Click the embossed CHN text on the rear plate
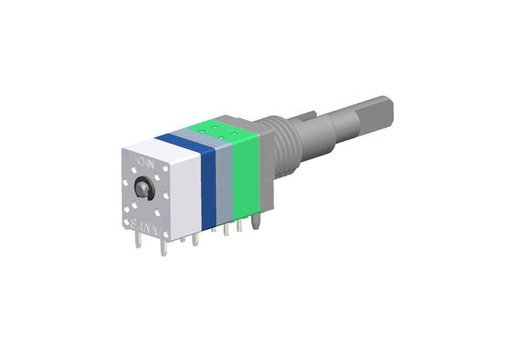pyautogui.click(x=143, y=161)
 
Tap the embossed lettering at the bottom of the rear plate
pyautogui.click(x=146, y=222)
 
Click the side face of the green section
pyautogui.click(x=246, y=178)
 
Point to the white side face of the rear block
pyautogui.click(x=185, y=195)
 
